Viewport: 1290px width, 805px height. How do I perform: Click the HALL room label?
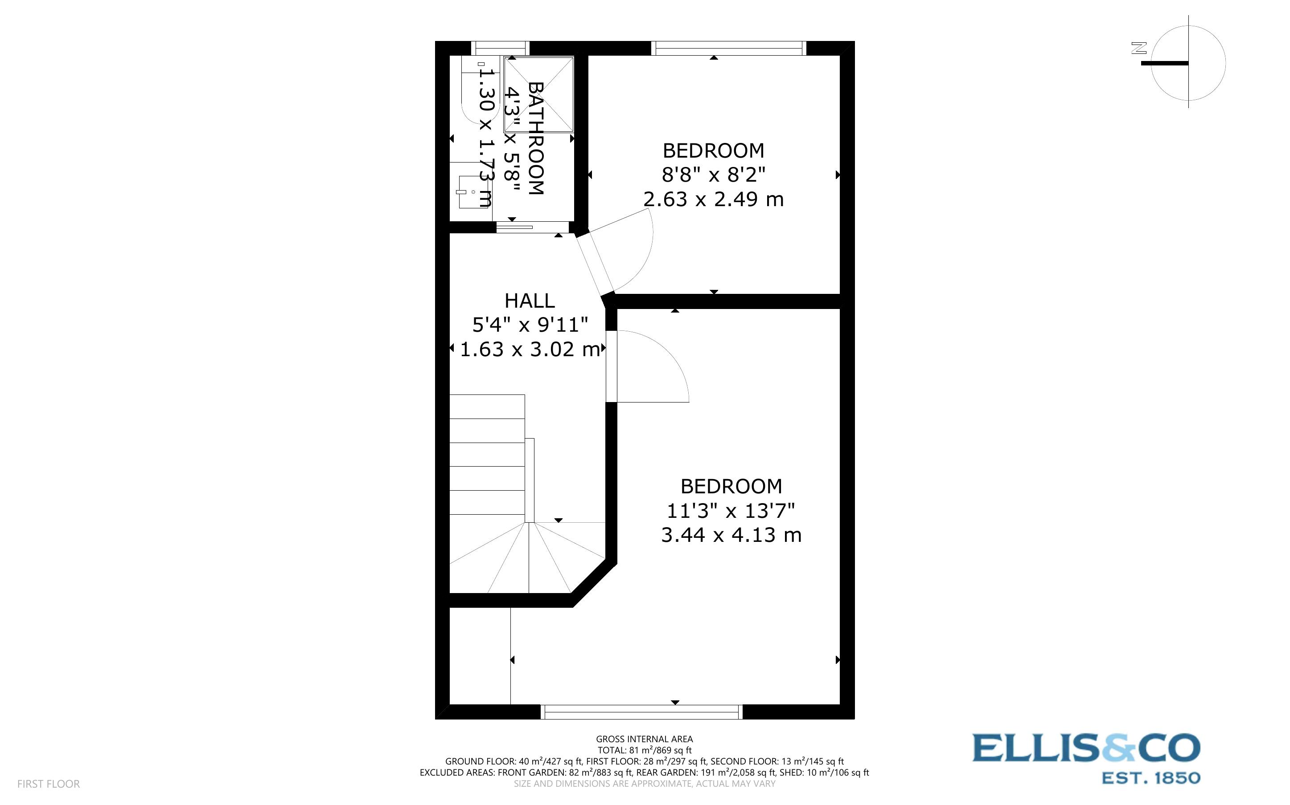(529, 301)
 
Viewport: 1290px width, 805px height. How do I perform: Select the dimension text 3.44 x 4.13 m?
(731, 535)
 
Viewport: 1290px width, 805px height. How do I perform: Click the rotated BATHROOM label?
(535, 138)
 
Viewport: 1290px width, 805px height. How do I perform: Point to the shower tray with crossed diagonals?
(539, 95)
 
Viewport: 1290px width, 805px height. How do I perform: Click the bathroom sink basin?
(472, 191)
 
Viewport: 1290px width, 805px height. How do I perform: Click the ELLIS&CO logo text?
(1086, 748)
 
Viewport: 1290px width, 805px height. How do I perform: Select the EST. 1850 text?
(1150, 778)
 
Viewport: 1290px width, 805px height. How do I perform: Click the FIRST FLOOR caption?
(49, 784)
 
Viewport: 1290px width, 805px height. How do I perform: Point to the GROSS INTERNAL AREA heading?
(644, 739)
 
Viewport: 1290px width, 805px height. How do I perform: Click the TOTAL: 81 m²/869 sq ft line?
(644, 750)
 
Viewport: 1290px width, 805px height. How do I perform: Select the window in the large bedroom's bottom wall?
(641, 712)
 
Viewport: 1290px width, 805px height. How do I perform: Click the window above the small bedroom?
(728, 49)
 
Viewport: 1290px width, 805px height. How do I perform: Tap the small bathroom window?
(500, 49)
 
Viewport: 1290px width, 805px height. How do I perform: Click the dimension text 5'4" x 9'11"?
(530, 324)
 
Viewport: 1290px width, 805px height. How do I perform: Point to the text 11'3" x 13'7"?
(731, 511)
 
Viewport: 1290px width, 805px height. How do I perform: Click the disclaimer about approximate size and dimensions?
(644, 784)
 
